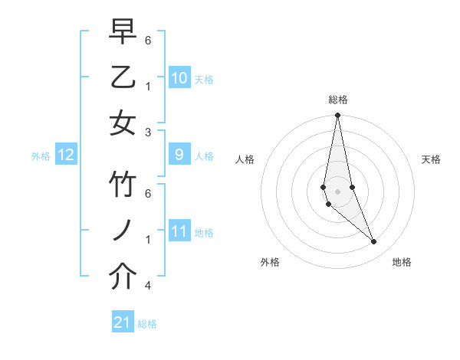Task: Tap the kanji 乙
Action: click(123, 78)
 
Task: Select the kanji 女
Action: click(123, 123)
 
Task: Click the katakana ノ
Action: click(123, 231)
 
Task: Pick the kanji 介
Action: click(123, 277)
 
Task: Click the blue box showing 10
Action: click(179, 78)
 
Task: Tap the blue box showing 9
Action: click(179, 155)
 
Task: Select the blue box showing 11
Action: click(179, 231)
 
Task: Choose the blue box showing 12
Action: click(66, 155)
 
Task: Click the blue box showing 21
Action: click(123, 322)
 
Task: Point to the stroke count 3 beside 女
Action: click(149, 132)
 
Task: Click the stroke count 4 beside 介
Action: click(148, 286)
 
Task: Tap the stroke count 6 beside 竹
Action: click(148, 194)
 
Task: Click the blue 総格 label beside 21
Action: click(147, 324)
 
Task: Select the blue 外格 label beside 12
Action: click(41, 156)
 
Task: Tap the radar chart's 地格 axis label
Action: click(402, 262)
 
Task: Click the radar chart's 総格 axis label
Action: click(338, 100)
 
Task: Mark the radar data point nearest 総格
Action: click(337, 116)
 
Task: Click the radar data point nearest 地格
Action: click(374, 242)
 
